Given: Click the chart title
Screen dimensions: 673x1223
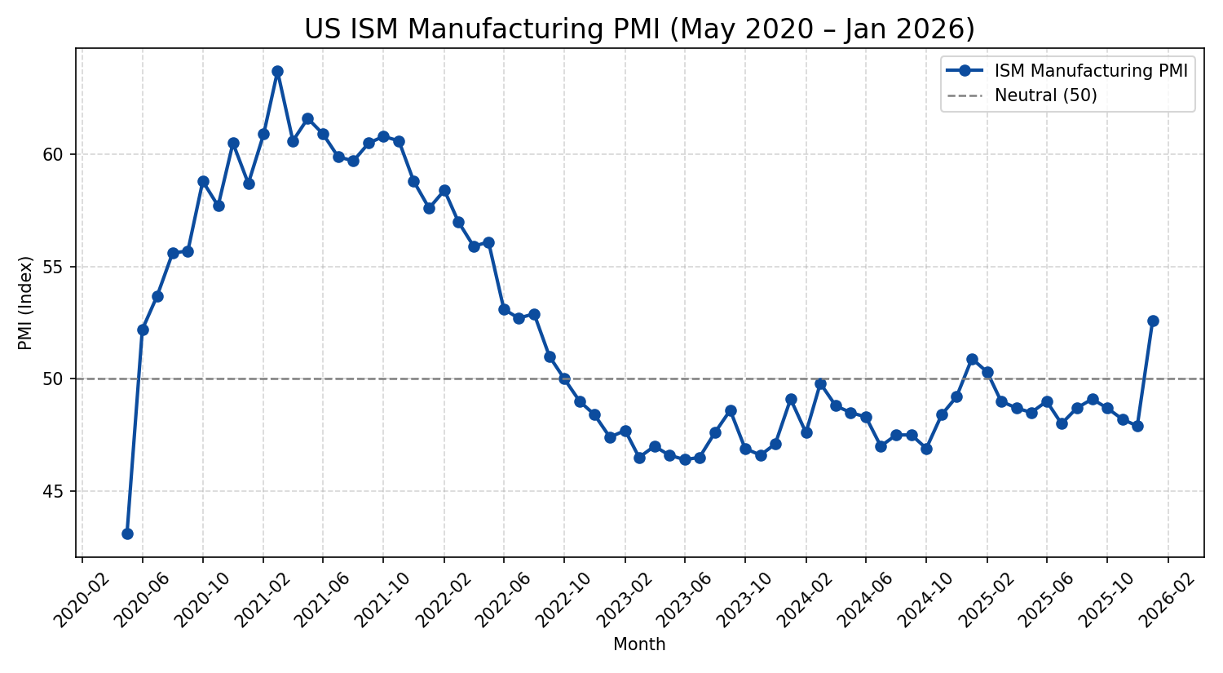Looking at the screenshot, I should click(x=639, y=29).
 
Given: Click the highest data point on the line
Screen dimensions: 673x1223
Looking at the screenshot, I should click(x=277, y=71).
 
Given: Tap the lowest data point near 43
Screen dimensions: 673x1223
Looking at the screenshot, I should click(x=127, y=534).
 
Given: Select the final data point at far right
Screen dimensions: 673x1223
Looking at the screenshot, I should click(x=1153, y=321).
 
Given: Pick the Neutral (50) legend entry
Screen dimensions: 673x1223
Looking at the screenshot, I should click(x=1045, y=95).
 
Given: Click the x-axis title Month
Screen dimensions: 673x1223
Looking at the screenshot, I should click(x=639, y=645).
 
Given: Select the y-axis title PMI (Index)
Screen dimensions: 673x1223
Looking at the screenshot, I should click(x=25, y=303).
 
